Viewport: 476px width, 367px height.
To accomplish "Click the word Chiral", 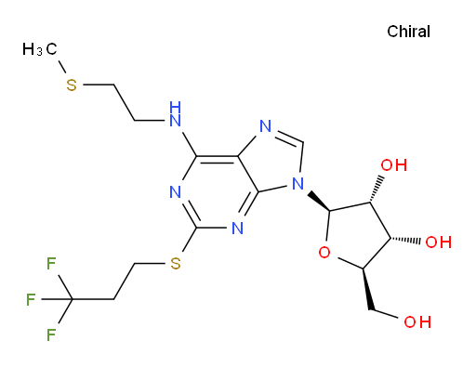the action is pos(408,32).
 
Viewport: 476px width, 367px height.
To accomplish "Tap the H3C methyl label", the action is pos(40,49).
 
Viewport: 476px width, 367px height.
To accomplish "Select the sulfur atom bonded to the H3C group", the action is pos(72,85).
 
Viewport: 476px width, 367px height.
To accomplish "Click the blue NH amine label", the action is pos(176,114).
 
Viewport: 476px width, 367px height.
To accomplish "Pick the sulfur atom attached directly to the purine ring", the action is pos(176,264).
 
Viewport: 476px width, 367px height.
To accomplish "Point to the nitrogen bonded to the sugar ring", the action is pos(298,184).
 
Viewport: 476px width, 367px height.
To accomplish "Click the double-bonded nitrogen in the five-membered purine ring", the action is pos(266,126).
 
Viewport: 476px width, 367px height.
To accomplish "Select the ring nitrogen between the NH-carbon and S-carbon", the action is pos(176,192).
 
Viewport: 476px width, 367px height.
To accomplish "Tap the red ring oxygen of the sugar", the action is pos(324,253).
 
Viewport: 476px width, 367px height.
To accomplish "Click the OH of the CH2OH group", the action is pos(417,322).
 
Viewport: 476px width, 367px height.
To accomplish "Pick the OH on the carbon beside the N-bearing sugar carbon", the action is pos(394,165).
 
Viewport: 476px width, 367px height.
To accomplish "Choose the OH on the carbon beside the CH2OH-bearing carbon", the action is pos(438,242).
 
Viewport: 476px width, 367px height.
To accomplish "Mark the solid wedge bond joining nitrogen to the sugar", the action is pos(320,202).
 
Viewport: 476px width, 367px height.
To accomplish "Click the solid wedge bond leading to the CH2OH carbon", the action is pos(367,289).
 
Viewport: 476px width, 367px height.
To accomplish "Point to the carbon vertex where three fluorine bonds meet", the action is pos(72,299).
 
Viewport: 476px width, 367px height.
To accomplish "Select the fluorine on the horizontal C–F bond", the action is pos(31,299).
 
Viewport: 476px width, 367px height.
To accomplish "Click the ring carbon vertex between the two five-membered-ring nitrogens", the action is pos(302,142).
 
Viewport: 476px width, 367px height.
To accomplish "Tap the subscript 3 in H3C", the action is pos(39,52).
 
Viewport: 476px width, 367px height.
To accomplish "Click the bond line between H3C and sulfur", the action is pos(62,67).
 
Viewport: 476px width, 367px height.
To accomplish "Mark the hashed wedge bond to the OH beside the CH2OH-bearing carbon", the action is pos(405,240).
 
